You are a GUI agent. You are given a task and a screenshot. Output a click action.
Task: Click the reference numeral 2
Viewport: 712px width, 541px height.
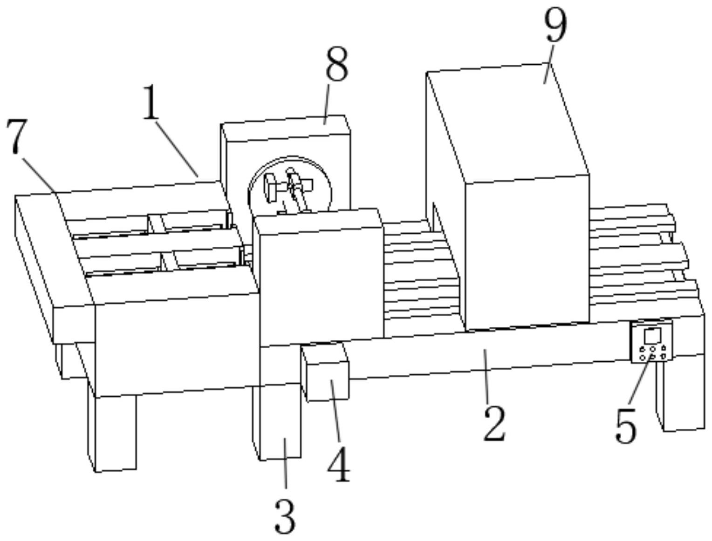(x=494, y=423)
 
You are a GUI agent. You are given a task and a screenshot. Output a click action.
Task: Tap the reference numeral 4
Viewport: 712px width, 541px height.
(x=339, y=464)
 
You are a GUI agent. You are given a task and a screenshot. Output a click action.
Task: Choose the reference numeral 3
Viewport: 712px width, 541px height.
(x=285, y=515)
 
